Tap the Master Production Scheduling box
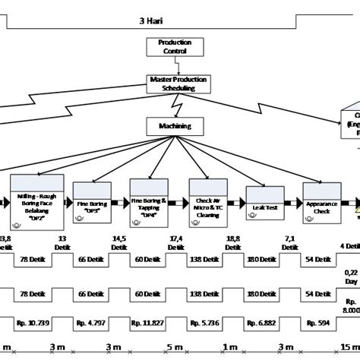pyautogui.click(x=181, y=84)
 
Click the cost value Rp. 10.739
pyautogui.click(x=35, y=324)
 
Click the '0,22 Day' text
pyautogui.click(x=350, y=276)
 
